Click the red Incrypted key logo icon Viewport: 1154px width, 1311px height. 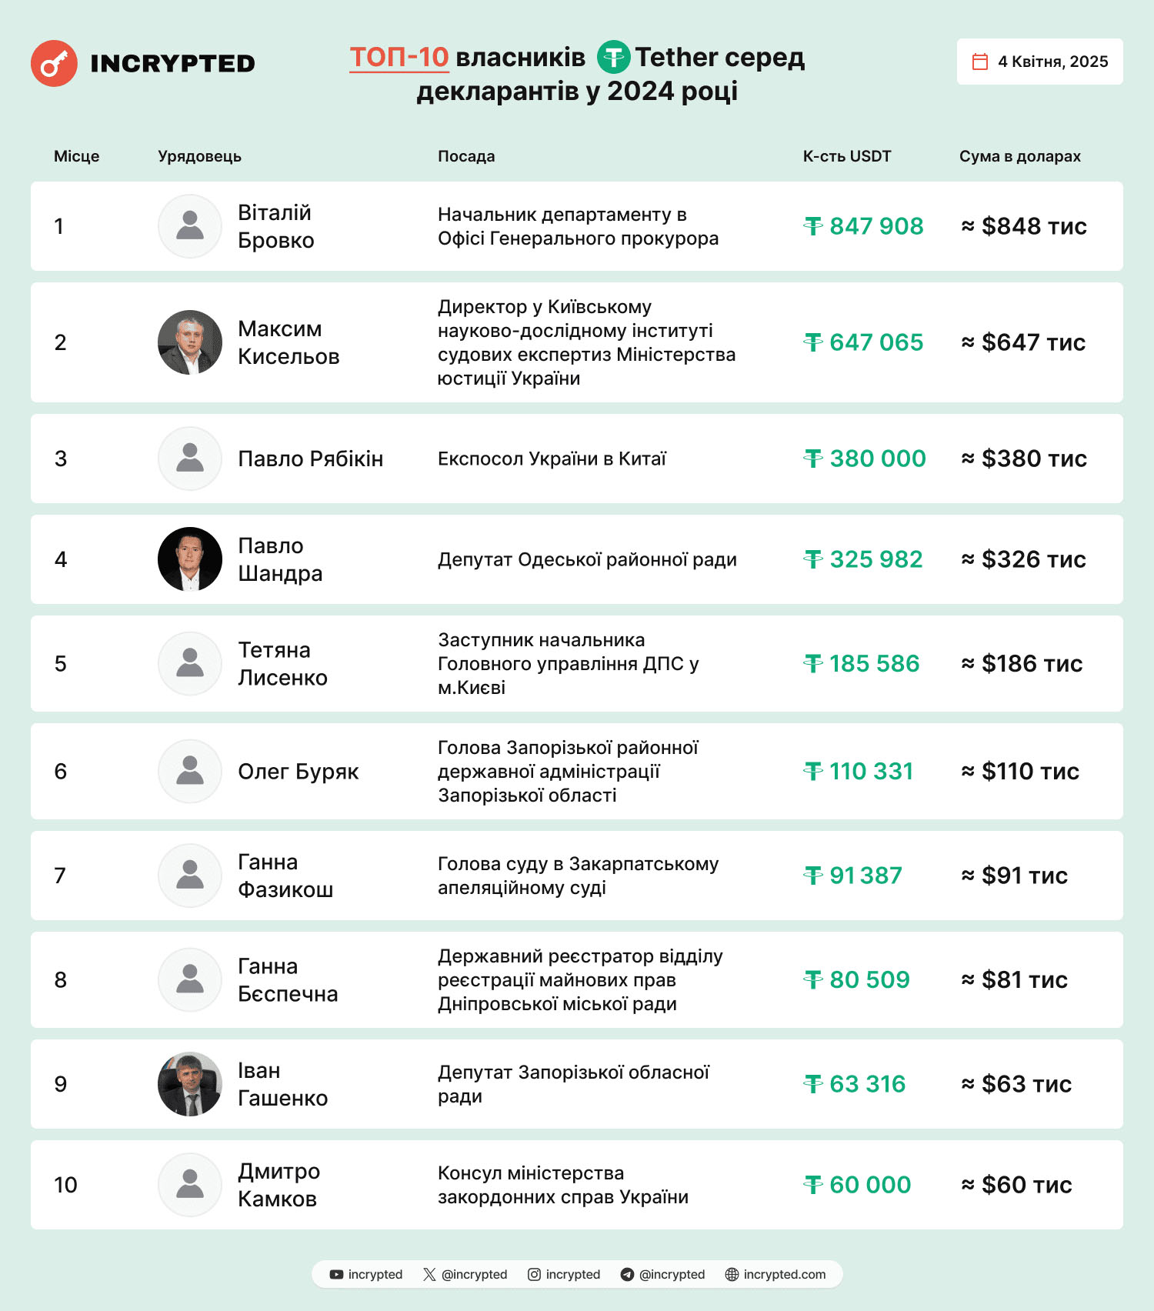(x=54, y=63)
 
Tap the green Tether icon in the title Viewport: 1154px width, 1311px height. (x=613, y=57)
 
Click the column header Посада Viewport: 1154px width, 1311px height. (x=466, y=156)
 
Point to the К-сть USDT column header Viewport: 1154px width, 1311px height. (x=846, y=156)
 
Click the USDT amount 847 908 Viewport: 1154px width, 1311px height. (x=865, y=226)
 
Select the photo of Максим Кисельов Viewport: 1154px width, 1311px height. (x=190, y=342)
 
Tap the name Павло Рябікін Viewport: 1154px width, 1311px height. (x=310, y=459)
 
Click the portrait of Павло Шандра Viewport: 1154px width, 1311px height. (x=190, y=559)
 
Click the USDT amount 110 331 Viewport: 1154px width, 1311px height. (x=859, y=771)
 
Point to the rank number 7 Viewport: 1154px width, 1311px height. (x=60, y=876)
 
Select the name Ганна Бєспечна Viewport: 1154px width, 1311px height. (x=287, y=979)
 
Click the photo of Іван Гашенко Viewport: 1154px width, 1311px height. (x=190, y=1084)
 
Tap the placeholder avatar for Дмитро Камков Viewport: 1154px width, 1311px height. (x=190, y=1185)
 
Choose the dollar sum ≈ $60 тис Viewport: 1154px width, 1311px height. (x=1016, y=1185)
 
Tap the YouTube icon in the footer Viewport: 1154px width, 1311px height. (x=336, y=1274)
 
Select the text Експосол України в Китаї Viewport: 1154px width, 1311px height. (x=552, y=459)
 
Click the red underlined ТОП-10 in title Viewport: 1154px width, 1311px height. (x=399, y=57)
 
